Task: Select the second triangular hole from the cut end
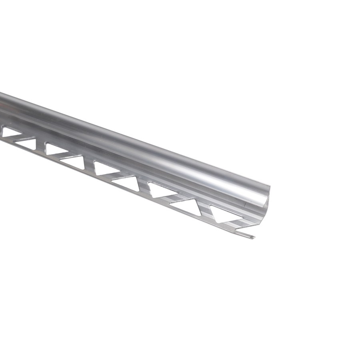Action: click(x=187, y=206)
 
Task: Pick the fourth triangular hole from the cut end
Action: click(x=128, y=182)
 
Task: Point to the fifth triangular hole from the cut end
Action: click(x=105, y=167)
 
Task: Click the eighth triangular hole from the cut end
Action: click(x=27, y=143)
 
